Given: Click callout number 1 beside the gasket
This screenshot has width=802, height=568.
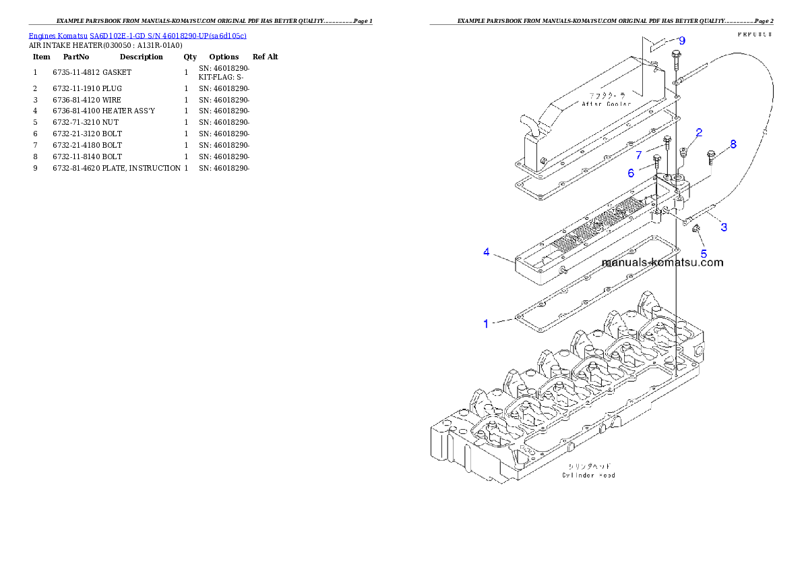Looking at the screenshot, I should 486,324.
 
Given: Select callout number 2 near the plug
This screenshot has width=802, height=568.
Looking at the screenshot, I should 700,132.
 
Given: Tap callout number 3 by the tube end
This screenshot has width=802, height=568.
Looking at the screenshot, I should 724,227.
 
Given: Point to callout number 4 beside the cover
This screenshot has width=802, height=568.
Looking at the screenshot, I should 486,252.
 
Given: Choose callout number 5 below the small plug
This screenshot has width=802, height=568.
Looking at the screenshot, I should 704,254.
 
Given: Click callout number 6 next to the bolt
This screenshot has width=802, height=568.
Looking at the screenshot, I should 631,173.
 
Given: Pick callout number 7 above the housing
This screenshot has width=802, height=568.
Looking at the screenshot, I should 638,155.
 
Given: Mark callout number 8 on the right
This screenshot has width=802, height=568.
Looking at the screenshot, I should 733,144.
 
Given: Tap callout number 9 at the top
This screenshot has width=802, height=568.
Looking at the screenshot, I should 682,40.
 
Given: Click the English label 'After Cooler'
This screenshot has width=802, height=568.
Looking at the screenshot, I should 607,104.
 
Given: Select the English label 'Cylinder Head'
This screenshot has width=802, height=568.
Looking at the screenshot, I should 588,475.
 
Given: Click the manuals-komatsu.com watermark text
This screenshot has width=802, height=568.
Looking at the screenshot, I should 662,262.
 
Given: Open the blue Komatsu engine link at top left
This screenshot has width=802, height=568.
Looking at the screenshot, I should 137,35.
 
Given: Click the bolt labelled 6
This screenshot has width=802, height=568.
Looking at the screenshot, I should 656,162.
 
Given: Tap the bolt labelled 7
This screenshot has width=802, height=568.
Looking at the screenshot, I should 667,143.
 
